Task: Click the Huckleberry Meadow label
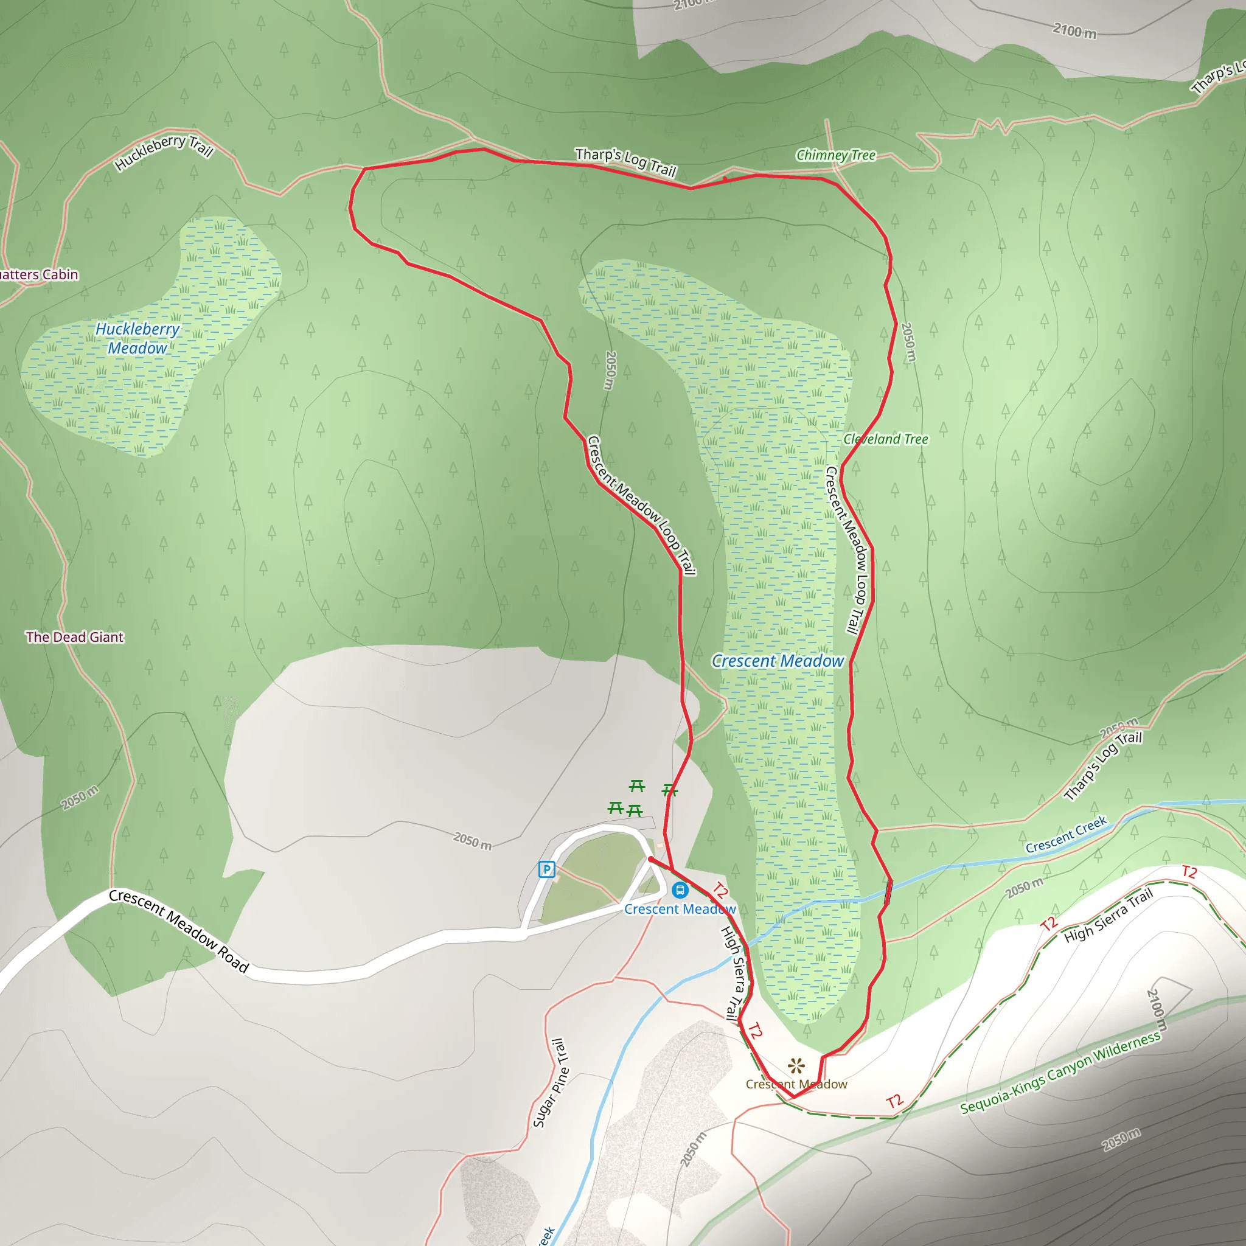pos(137,339)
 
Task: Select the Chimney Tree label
pos(836,155)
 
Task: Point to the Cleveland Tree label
pos(885,439)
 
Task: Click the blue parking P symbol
pos(546,869)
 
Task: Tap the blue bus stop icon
pos(679,890)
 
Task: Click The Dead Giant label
pos(75,637)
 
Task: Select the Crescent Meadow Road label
pos(179,931)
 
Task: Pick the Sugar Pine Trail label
pos(549,1083)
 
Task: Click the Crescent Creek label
pos(1066,834)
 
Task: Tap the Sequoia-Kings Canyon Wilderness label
pos(1060,1073)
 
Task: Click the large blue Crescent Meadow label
pos(778,661)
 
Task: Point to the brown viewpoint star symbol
pos(797,1065)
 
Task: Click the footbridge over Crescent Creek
pos(889,891)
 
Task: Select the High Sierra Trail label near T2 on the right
pos(1108,915)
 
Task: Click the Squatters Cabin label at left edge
pos(39,275)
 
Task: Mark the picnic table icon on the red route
pos(670,790)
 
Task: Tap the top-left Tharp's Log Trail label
pos(625,161)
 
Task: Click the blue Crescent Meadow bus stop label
pos(680,909)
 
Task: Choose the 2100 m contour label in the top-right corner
pos(1074,30)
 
